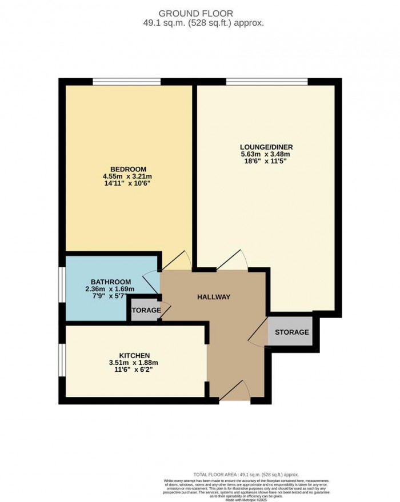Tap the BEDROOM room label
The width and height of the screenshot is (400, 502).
tap(128, 169)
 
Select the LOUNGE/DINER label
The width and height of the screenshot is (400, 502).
tap(266, 147)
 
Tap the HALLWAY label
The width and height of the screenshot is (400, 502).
tap(214, 297)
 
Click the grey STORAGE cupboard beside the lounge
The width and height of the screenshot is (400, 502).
tap(291, 332)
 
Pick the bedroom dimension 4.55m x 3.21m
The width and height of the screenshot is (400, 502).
tap(128, 176)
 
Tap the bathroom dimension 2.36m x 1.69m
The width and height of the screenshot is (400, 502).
tap(110, 289)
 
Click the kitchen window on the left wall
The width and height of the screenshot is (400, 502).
tap(62, 361)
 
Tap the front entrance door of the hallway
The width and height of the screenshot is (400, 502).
tap(234, 392)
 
